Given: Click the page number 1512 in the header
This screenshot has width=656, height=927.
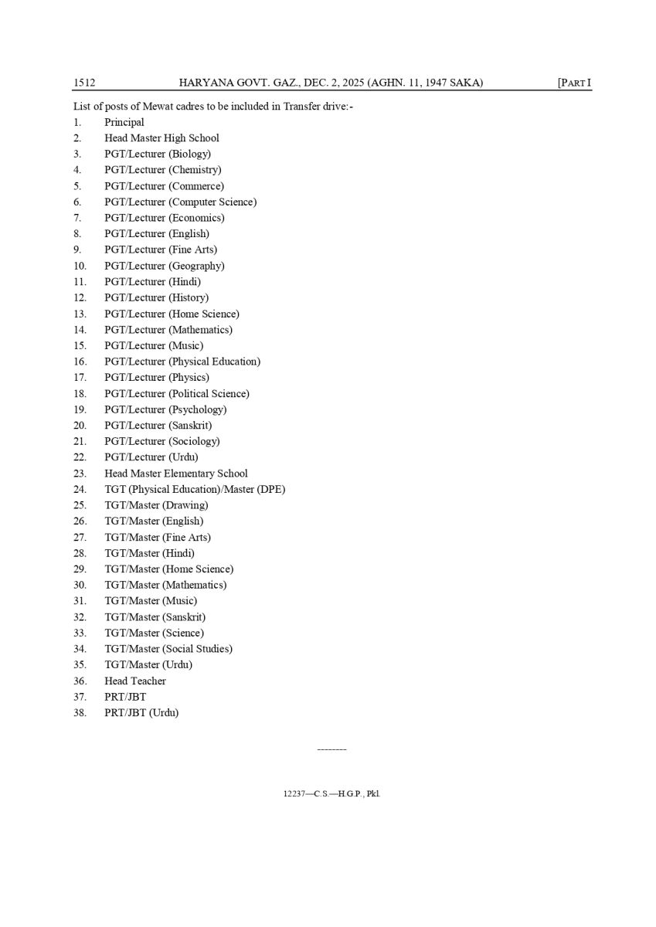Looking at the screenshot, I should coord(84,83).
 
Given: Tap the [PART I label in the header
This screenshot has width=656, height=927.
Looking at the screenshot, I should coord(574,83).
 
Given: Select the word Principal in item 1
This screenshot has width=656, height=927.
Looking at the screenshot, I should coord(124,122).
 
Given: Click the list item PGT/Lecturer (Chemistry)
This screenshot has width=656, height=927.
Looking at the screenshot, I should coord(162,170).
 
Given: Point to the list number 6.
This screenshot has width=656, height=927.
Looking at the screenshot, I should coord(77,202).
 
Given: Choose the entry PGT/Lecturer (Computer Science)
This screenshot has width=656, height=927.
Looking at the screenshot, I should coord(180,202).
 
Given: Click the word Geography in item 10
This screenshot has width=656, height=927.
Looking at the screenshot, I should coord(196,266).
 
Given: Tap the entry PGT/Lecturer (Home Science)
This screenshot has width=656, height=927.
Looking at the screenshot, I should coord(172,314).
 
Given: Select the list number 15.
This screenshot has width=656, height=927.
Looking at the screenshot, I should coord(80,345).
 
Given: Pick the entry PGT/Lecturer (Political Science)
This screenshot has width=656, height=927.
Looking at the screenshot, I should coord(177,393).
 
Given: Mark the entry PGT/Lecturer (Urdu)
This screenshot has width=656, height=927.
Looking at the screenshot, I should coord(151,457).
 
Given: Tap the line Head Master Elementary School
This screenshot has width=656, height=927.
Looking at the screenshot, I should coord(176,474).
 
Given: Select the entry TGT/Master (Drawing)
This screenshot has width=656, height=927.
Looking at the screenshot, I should coord(156,505).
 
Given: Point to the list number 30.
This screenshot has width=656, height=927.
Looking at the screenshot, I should coord(80,585).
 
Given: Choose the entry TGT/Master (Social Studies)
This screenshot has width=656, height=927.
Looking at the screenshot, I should coord(168,649).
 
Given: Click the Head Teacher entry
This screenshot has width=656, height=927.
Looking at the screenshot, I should coord(135,681).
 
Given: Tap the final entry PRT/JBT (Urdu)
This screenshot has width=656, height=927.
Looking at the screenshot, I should coord(141,713).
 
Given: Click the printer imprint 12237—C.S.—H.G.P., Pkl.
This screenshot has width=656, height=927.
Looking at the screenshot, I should coord(332,793).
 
